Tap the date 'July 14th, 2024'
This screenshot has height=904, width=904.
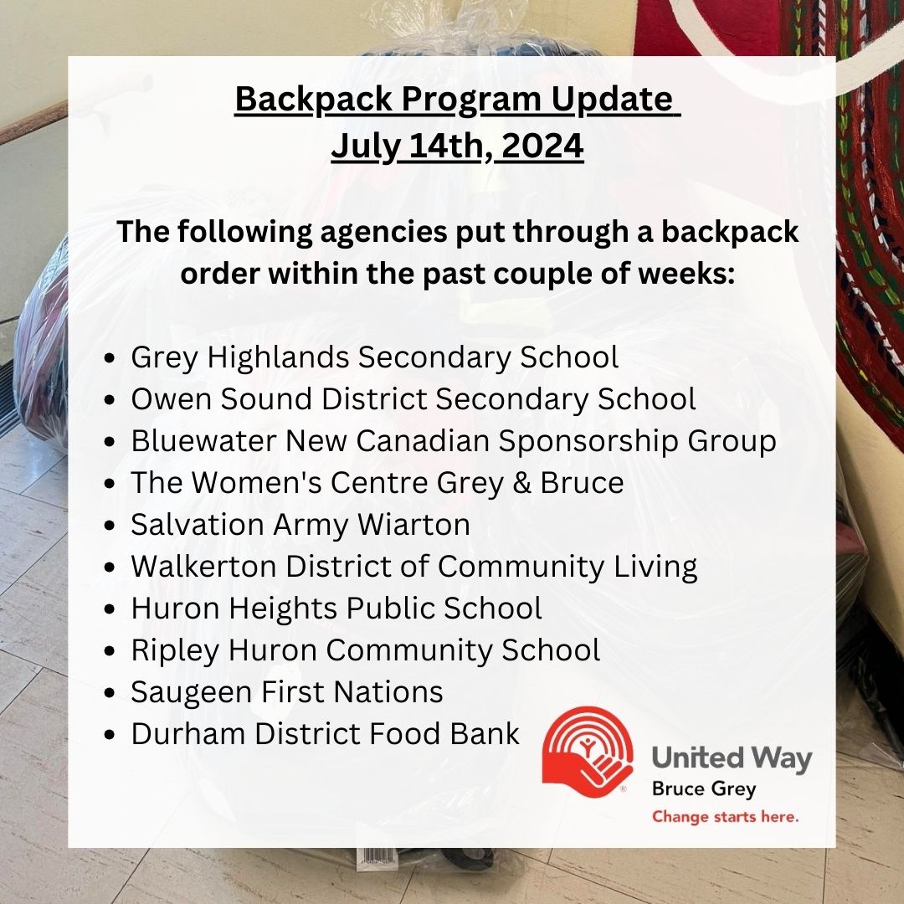(457, 146)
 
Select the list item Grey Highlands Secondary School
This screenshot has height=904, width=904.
(375, 357)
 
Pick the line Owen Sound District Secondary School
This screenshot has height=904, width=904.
(413, 399)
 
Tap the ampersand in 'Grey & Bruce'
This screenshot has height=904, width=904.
(521, 483)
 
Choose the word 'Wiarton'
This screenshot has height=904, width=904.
(414, 525)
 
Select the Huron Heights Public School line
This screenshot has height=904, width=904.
(336, 609)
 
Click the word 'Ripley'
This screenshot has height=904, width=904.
(175, 651)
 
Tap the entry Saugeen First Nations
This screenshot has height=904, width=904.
(286, 692)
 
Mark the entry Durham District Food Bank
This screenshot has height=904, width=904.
(325, 733)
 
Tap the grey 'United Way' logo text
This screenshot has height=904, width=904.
(732, 758)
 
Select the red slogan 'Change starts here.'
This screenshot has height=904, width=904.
(725, 817)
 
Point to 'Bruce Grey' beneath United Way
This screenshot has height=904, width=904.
(703, 789)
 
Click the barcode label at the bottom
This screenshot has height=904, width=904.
(377, 857)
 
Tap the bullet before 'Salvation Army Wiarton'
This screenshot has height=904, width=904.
(110, 526)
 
